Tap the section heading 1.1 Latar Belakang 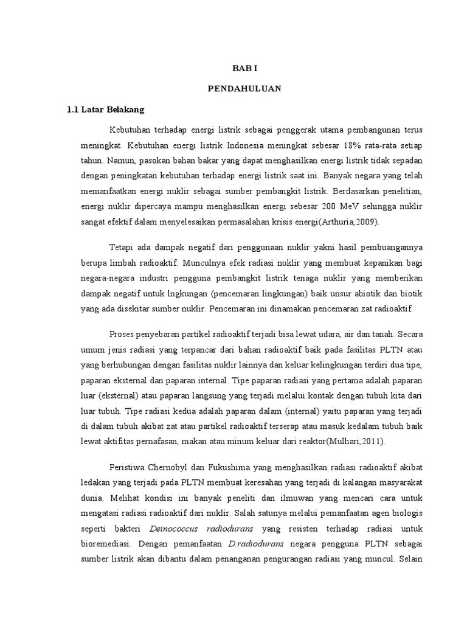(x=106, y=110)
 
